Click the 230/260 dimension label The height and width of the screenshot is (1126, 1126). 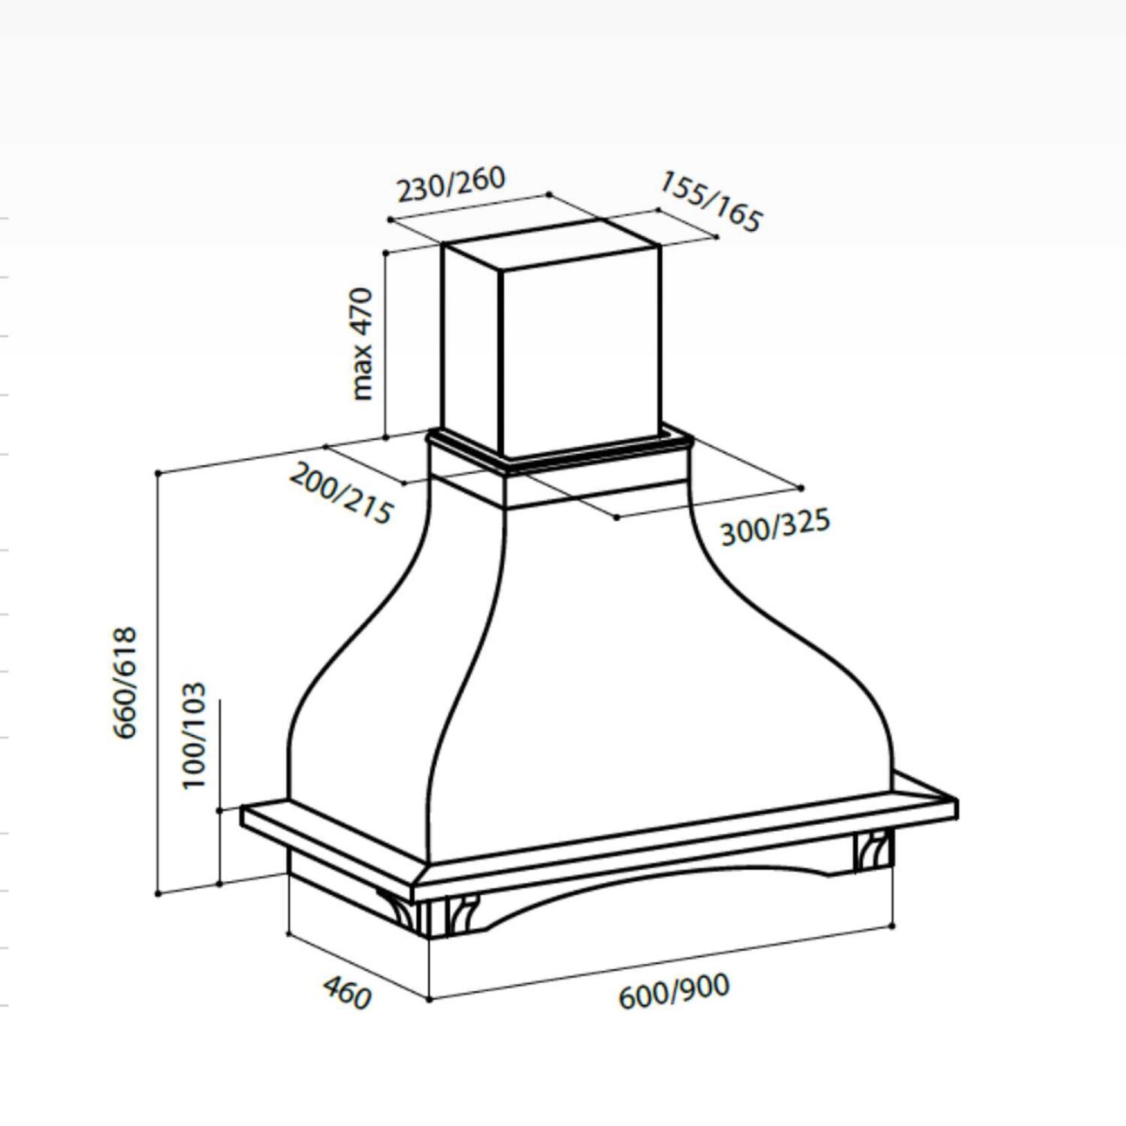tap(451, 183)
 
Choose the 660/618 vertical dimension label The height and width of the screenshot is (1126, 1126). tap(125, 683)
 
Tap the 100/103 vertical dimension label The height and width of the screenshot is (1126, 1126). tap(194, 735)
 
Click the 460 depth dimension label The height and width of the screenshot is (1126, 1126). tap(347, 993)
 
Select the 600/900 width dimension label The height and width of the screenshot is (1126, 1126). tap(674, 991)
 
